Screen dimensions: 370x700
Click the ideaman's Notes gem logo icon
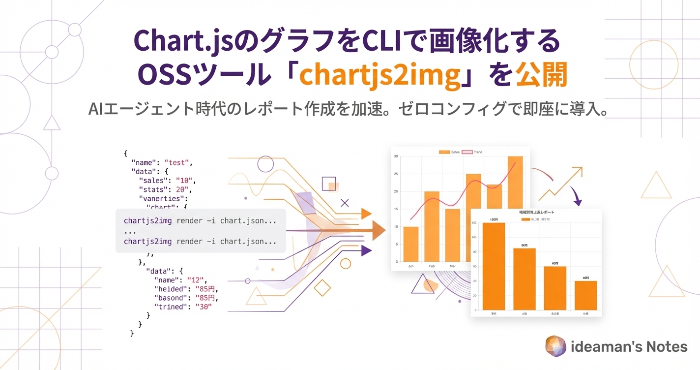(555, 346)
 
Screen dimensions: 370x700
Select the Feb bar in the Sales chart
(432, 226)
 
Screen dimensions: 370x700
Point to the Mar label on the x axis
(452, 266)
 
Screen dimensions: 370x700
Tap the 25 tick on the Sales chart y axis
(396, 174)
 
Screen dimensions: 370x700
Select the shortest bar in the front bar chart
(585, 295)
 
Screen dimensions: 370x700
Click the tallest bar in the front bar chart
(494, 266)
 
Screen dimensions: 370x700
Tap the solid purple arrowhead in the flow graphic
(366, 250)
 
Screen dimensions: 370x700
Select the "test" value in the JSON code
(178, 162)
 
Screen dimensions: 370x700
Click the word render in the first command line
(189, 221)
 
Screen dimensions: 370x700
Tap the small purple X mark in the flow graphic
(345, 202)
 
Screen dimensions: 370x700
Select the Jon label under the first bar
(410, 266)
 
